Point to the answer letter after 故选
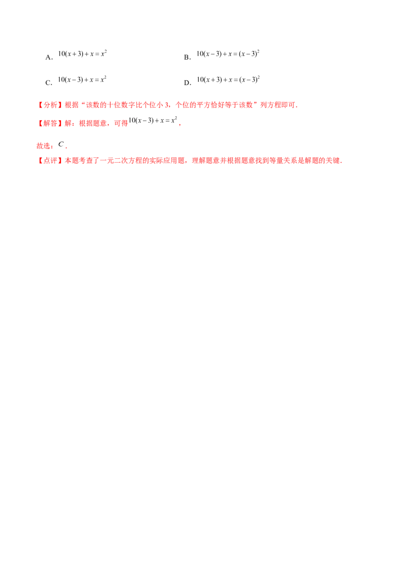[x=59, y=147]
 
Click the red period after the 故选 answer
[x=65, y=148]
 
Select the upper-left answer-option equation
[x=83, y=53]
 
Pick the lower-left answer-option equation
[x=83, y=79]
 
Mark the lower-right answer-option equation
[x=228, y=79]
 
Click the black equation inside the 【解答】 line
[x=152, y=121]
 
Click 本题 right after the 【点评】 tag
[x=68, y=161]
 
